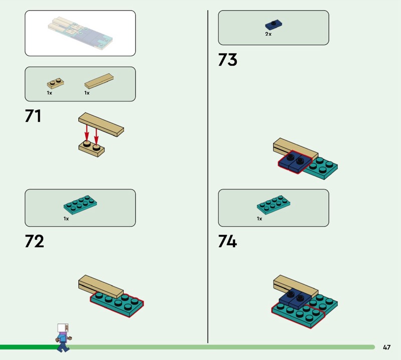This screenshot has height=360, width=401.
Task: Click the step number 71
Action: (33, 116)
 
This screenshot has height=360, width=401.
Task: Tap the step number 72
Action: (34, 241)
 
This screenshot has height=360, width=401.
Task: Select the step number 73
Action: (228, 60)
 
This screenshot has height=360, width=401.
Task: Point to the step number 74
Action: (228, 241)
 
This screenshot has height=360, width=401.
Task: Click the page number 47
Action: (386, 347)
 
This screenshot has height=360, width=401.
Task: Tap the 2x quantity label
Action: (268, 34)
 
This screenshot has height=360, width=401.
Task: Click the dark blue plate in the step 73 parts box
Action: (274, 25)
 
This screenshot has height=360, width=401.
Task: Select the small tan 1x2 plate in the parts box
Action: (55, 83)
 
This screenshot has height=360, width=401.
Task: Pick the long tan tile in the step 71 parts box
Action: (99, 81)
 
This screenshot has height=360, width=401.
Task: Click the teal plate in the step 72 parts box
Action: (80, 205)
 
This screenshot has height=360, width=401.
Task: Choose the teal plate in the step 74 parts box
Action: (274, 205)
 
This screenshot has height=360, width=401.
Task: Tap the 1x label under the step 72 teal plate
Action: (66, 219)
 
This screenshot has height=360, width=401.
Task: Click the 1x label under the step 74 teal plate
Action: (260, 219)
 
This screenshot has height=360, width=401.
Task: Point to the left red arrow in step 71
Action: (87, 133)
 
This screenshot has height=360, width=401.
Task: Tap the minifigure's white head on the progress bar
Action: (63, 328)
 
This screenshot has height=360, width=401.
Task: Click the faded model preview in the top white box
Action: (80, 33)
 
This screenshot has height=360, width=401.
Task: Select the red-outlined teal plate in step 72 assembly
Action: (117, 304)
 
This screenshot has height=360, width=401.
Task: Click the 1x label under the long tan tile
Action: (87, 93)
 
